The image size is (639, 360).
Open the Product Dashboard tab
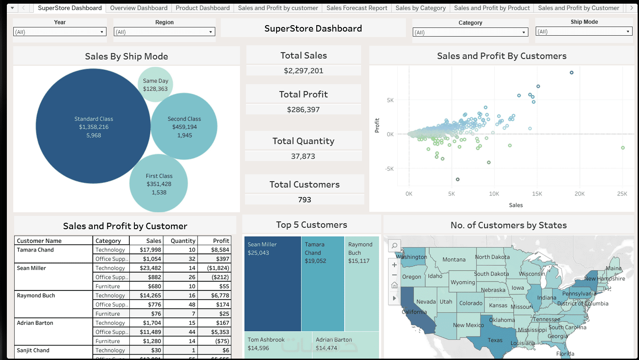(202, 8)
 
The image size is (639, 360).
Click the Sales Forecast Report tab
(357, 8)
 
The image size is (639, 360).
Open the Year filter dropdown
(59, 32)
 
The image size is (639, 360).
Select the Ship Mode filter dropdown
(584, 32)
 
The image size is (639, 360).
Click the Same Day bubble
(155, 85)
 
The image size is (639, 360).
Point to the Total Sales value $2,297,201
(304, 71)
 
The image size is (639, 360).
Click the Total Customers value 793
(304, 200)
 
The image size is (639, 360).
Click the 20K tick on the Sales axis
(579, 194)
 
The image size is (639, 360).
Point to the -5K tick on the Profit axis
(389, 169)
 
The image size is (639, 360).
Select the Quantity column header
(183, 241)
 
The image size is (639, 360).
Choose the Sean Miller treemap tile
(272, 284)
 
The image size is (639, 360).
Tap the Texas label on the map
(495, 340)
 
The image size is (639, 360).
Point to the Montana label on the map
(454, 259)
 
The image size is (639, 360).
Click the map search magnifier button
(394, 246)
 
